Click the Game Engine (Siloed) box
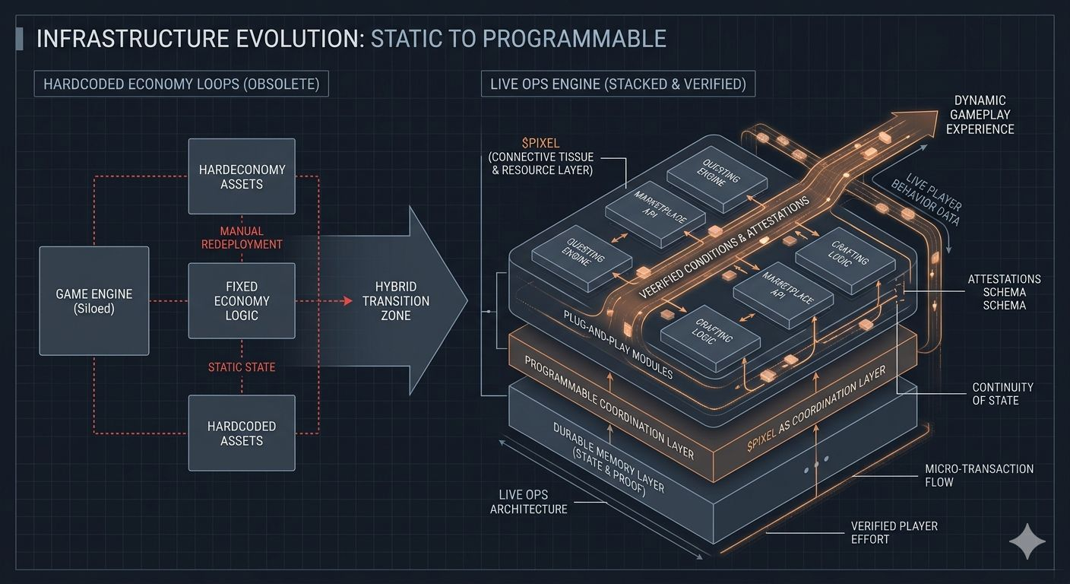[94, 301]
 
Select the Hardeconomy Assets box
[242, 176]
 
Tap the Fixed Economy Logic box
[242, 301]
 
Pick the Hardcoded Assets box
[242, 433]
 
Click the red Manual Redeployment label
[242, 237]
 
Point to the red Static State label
[242, 367]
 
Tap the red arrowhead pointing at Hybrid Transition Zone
[348, 301]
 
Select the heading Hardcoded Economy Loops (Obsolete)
[181, 84]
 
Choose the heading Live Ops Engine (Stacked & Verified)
[618, 84]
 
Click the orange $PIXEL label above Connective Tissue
[541, 143]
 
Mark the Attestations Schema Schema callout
[1004, 292]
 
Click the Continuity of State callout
[1002, 393]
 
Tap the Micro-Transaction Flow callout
[979, 475]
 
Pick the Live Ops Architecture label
[528, 502]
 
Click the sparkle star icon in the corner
[1027, 541]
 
